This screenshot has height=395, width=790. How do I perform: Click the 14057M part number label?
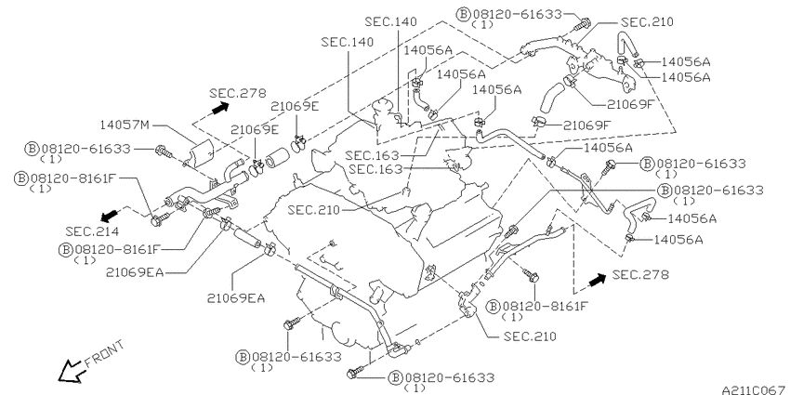(125, 125)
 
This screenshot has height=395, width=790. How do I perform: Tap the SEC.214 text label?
(92, 231)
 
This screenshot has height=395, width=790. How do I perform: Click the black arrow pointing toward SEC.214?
(109, 217)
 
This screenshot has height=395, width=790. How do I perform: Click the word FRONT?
(104, 354)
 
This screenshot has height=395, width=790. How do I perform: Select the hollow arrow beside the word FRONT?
(70, 372)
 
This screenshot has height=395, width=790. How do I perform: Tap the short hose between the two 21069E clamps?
(277, 157)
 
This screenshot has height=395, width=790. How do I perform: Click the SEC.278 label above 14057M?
(238, 93)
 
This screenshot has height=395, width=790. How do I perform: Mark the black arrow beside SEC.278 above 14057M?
(220, 108)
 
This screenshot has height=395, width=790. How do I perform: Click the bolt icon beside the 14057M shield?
(165, 151)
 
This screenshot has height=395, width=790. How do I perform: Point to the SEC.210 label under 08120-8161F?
(530, 336)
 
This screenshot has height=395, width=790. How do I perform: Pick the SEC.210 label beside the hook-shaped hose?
(647, 22)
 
